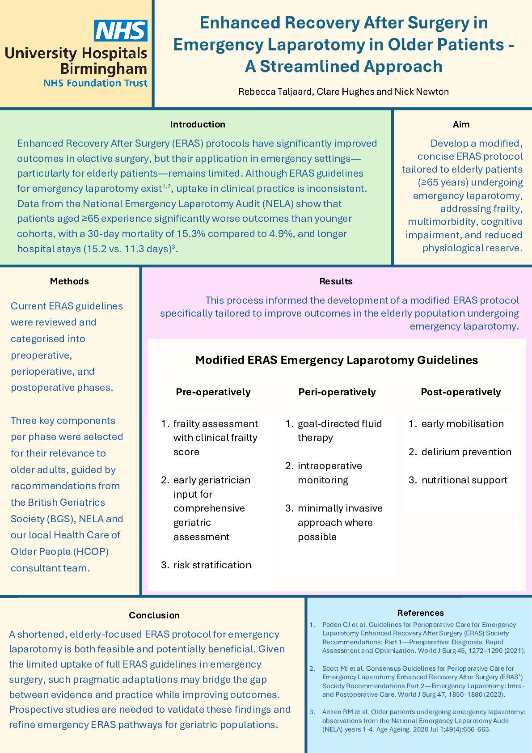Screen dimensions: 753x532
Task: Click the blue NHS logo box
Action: point(121,30)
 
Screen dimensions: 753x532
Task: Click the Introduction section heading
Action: point(198,124)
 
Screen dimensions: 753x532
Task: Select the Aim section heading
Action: point(461,124)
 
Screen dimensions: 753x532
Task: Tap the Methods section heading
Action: point(69,281)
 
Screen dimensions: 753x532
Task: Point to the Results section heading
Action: point(336,281)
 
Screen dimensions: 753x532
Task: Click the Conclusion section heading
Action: point(154,615)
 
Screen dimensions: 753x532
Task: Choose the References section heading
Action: point(420,613)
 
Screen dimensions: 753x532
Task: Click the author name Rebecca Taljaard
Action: point(275,92)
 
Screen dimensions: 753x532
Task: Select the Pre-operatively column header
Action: point(213,392)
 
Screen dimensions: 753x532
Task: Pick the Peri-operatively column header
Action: point(337,392)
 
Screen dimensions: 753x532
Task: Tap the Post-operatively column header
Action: point(460,392)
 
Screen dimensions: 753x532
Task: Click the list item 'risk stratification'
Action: point(212,565)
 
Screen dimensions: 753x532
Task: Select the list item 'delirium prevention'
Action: point(466,452)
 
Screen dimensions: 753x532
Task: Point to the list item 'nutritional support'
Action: point(464,480)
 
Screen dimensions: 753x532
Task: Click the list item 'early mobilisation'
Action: point(462,424)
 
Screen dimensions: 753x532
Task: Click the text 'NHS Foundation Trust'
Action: point(95,83)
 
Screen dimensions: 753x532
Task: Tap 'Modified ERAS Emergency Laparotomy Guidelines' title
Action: point(336,360)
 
